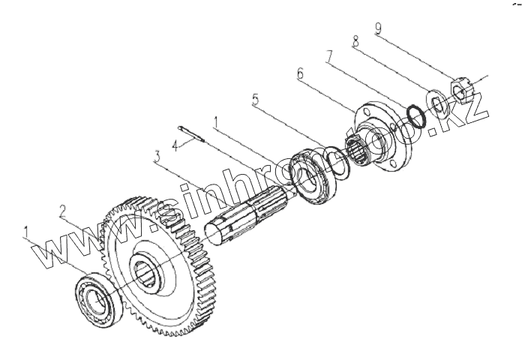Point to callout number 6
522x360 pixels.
click(301, 73)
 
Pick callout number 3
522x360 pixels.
click(156, 157)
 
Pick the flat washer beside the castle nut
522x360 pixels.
click(436, 103)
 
